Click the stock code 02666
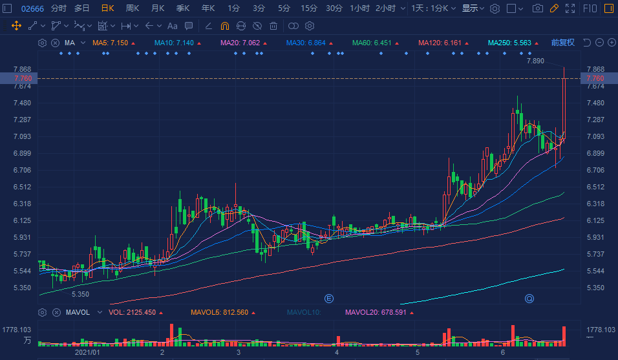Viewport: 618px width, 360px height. [32, 8]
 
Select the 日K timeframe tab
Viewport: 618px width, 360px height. [107, 8]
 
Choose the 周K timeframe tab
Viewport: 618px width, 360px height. [133, 8]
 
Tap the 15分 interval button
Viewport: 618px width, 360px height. [308, 8]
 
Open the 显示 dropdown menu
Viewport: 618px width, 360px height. [473, 8]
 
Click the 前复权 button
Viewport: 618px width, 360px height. [562, 43]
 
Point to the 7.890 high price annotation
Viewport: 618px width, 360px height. [535, 61]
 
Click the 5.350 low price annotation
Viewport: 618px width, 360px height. [80, 294]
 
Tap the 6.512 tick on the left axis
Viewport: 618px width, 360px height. [22, 187]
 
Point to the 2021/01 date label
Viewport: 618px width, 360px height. [87, 353]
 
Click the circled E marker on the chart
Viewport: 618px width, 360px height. [328, 298]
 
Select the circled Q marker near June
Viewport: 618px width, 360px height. [529, 298]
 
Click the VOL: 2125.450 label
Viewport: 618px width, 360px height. [133, 313]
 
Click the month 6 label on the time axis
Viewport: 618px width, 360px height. [502, 353]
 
